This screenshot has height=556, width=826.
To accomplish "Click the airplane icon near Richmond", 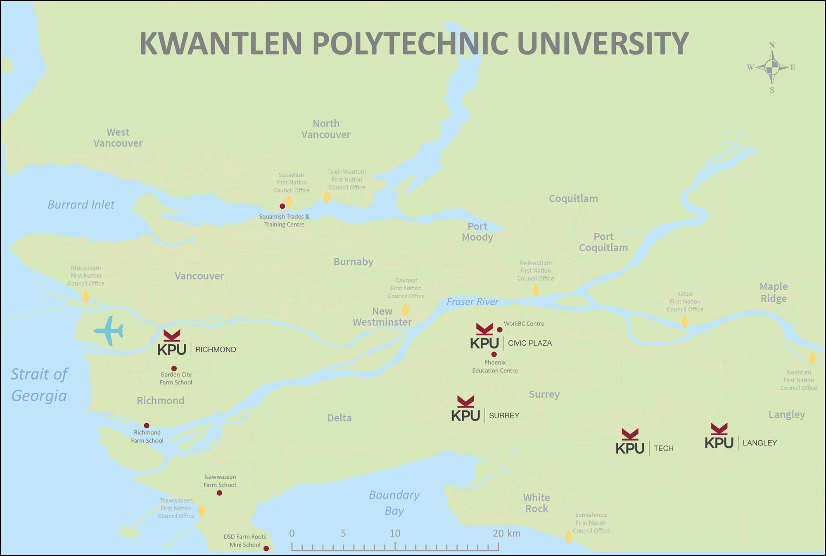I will tap(109, 331).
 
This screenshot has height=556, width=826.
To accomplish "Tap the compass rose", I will tap(771, 67).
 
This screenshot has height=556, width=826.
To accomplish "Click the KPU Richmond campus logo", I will tap(172, 343).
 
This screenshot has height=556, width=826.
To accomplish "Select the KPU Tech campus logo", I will tap(630, 442).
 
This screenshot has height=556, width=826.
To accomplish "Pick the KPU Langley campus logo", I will tap(719, 437).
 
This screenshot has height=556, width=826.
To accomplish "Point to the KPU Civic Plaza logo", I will tap(484, 337).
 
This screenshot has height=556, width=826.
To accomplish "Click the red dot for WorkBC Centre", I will tap(499, 330).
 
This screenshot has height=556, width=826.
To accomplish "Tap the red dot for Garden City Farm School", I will tap(174, 368).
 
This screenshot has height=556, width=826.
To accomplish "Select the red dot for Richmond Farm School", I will tap(147, 425).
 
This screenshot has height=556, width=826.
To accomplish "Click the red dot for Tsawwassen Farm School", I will tap(219, 493).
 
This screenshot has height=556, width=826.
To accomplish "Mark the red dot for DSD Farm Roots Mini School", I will tap(266, 549).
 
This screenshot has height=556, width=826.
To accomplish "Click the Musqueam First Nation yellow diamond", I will tap(85, 297).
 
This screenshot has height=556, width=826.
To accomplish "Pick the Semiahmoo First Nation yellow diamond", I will tap(569, 537).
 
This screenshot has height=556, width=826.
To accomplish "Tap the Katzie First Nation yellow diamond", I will tap(685, 322).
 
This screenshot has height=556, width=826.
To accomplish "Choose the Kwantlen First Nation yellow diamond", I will tap(812, 358).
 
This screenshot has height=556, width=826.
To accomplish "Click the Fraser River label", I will tap(472, 302).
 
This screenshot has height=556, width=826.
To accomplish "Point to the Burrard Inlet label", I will tap(81, 205).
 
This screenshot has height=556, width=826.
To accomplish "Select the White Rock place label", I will tap(536, 503).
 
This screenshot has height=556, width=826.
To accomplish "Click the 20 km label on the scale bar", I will tap(506, 533).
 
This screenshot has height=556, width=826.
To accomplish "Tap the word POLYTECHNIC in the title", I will tap(409, 43).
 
